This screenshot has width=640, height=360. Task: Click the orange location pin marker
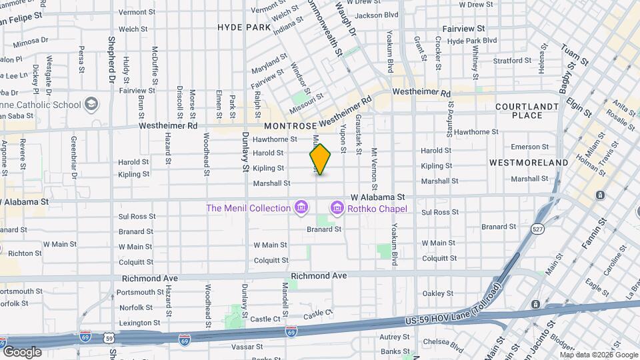point(320,159)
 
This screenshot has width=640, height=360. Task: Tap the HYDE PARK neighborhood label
point(245,27)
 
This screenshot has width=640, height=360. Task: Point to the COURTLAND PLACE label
point(527,111)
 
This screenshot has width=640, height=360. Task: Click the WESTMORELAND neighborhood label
point(529,162)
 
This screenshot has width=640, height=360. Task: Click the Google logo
point(22,351)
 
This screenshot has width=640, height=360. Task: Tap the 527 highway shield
point(537,229)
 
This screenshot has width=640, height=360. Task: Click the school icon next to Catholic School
point(91,105)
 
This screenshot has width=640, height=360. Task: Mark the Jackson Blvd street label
point(377,15)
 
